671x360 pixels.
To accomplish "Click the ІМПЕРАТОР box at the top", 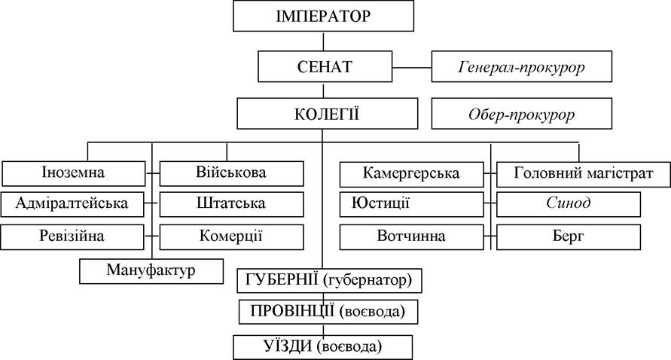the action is [x=324, y=16].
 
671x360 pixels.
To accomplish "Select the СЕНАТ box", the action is [x=325, y=66].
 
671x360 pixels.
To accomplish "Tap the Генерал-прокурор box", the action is [x=522, y=66].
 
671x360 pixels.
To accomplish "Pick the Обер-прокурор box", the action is [x=522, y=114].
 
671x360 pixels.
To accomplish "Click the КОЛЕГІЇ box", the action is [x=328, y=114].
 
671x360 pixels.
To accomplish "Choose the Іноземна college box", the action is [x=74, y=173].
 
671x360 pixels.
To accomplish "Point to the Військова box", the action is [x=231, y=173].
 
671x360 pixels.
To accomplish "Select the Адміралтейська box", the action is [x=72, y=204].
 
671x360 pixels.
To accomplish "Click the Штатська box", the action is [x=231, y=204].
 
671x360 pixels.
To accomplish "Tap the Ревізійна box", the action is [x=72, y=237].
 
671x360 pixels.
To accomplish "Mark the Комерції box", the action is [x=231, y=237].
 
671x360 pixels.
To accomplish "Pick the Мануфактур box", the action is [x=151, y=271].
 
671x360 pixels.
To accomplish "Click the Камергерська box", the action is [x=412, y=174].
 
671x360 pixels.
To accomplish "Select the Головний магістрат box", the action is [x=584, y=174].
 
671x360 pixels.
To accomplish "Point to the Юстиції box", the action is [x=412, y=204].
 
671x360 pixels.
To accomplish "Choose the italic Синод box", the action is [x=569, y=204].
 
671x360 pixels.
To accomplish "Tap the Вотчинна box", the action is [x=412, y=237].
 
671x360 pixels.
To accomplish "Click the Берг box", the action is [x=569, y=237].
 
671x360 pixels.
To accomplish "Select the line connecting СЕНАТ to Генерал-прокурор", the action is [x=412, y=67].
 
